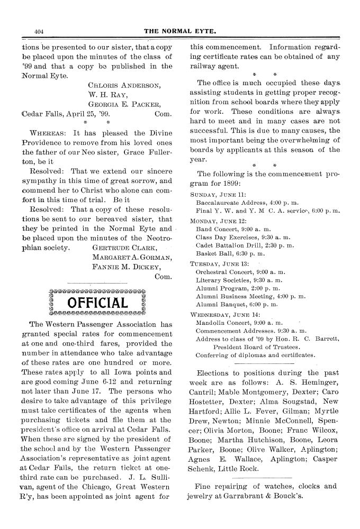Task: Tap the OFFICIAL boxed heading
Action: point(97,303)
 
